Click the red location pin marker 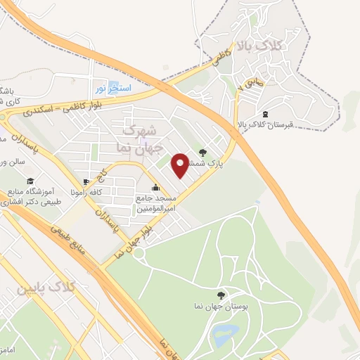(x=181, y=165)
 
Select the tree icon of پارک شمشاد (x=203, y=150)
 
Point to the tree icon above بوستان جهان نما (x=222, y=295)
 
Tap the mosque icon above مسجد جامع (x=155, y=187)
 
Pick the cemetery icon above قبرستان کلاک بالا (x=264, y=114)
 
